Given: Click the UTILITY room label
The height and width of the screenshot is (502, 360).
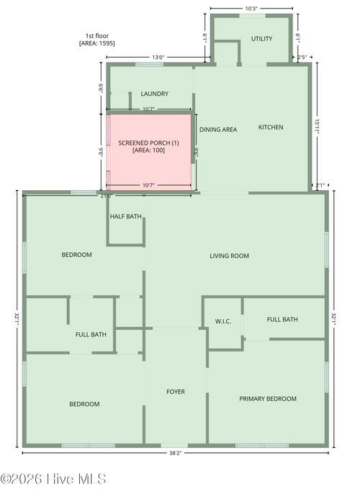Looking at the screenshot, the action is (x=261, y=39).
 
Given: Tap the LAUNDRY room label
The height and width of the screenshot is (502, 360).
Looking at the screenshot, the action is (x=155, y=94).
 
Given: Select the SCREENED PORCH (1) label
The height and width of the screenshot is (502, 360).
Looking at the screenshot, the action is (x=148, y=143).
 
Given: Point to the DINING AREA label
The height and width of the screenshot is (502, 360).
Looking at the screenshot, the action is (x=218, y=130).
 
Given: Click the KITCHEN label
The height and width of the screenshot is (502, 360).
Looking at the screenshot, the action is (x=271, y=127).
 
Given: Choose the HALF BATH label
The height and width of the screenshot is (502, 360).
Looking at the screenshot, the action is (x=126, y=216).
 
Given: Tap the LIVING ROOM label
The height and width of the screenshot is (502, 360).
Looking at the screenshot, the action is (x=229, y=256).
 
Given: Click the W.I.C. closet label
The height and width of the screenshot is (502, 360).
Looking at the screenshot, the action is (x=223, y=321).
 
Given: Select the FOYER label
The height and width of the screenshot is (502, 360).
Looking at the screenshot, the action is (x=176, y=392).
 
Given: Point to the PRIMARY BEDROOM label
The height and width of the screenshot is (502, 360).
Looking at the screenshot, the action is (x=268, y=398).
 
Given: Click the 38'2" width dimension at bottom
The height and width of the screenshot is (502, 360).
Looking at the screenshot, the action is (x=176, y=453).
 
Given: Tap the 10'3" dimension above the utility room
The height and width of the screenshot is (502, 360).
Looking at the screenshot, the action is (x=251, y=9).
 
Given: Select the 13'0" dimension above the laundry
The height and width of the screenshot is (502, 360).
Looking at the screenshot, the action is (x=158, y=58).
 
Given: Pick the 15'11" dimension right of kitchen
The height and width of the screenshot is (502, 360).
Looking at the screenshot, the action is (x=317, y=126).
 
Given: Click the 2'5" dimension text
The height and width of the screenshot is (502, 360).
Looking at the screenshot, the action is (x=302, y=58).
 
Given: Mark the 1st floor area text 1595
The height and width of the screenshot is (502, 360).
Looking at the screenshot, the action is (x=106, y=43).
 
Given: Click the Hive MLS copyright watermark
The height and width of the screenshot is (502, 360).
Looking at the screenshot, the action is (x=53, y=479).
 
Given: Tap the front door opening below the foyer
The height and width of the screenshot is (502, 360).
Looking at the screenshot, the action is (x=174, y=445).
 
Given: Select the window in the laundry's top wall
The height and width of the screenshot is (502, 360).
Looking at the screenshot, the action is (x=149, y=64).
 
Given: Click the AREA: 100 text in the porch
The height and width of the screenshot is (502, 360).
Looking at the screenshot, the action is (x=148, y=150).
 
